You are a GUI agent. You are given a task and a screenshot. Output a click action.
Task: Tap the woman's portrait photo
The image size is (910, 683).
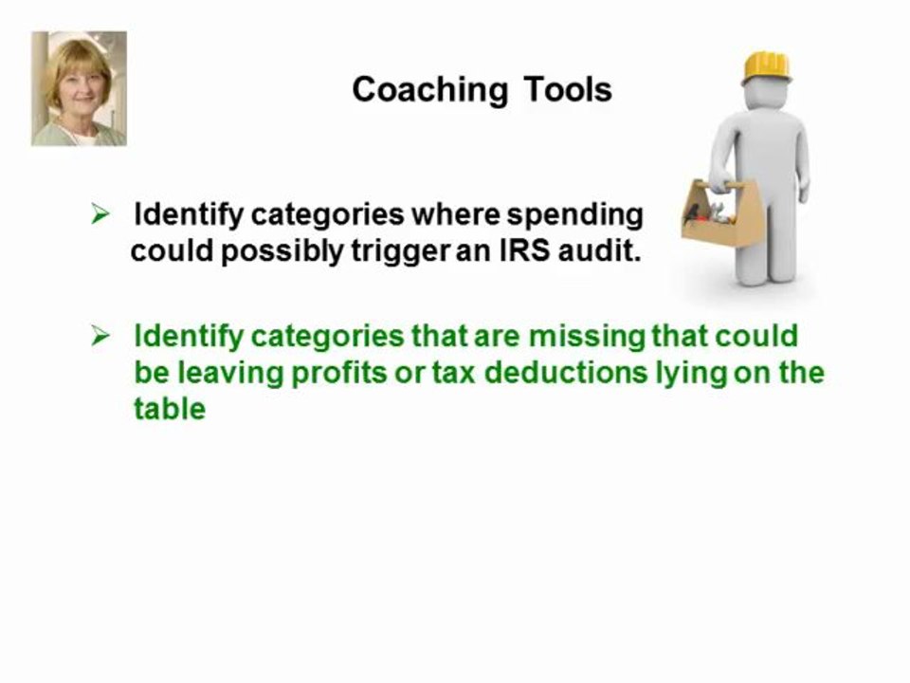(79, 88)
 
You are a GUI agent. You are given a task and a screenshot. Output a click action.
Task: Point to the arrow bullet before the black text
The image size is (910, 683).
(100, 215)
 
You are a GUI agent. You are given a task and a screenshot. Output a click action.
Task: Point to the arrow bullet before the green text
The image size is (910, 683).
(100, 337)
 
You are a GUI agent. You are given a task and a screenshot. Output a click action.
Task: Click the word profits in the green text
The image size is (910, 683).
(337, 373)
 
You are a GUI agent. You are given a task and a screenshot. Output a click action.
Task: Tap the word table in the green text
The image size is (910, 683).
(170, 409)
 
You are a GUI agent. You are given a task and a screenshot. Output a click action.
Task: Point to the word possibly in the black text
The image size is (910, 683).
(279, 253)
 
